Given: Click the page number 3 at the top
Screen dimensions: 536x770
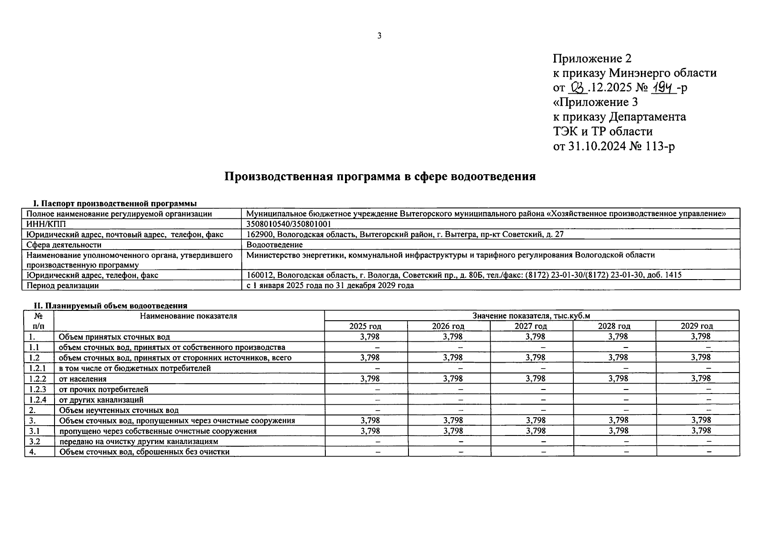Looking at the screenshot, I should [x=379, y=36].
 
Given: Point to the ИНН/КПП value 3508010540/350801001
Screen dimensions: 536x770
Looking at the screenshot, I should [x=289, y=224].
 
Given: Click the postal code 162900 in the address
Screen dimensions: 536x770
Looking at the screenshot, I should [x=259, y=234].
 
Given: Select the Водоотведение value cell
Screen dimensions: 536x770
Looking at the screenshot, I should [x=274, y=245].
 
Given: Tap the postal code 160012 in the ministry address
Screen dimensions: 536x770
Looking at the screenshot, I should [x=260, y=275].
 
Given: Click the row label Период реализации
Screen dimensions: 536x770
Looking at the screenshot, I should [x=63, y=285].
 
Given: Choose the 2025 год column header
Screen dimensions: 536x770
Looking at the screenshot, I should [x=366, y=326].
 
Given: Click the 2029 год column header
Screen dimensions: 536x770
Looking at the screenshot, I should [x=697, y=326].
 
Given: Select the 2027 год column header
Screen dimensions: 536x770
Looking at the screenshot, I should [x=531, y=326].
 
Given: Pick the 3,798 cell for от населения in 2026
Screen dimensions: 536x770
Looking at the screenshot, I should [x=453, y=378].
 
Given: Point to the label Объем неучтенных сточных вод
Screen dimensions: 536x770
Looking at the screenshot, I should [x=119, y=410].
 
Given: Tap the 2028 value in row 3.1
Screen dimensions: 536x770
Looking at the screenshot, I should [x=619, y=431].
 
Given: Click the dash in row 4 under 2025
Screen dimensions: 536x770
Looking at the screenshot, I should [x=378, y=452].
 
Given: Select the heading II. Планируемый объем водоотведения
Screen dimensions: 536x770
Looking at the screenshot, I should [x=111, y=306].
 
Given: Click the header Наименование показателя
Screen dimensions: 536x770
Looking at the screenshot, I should [x=189, y=316].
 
